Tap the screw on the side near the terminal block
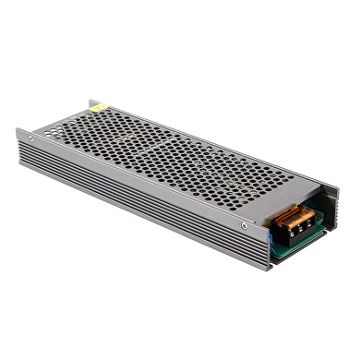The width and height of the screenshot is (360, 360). (x=244, y=225)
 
